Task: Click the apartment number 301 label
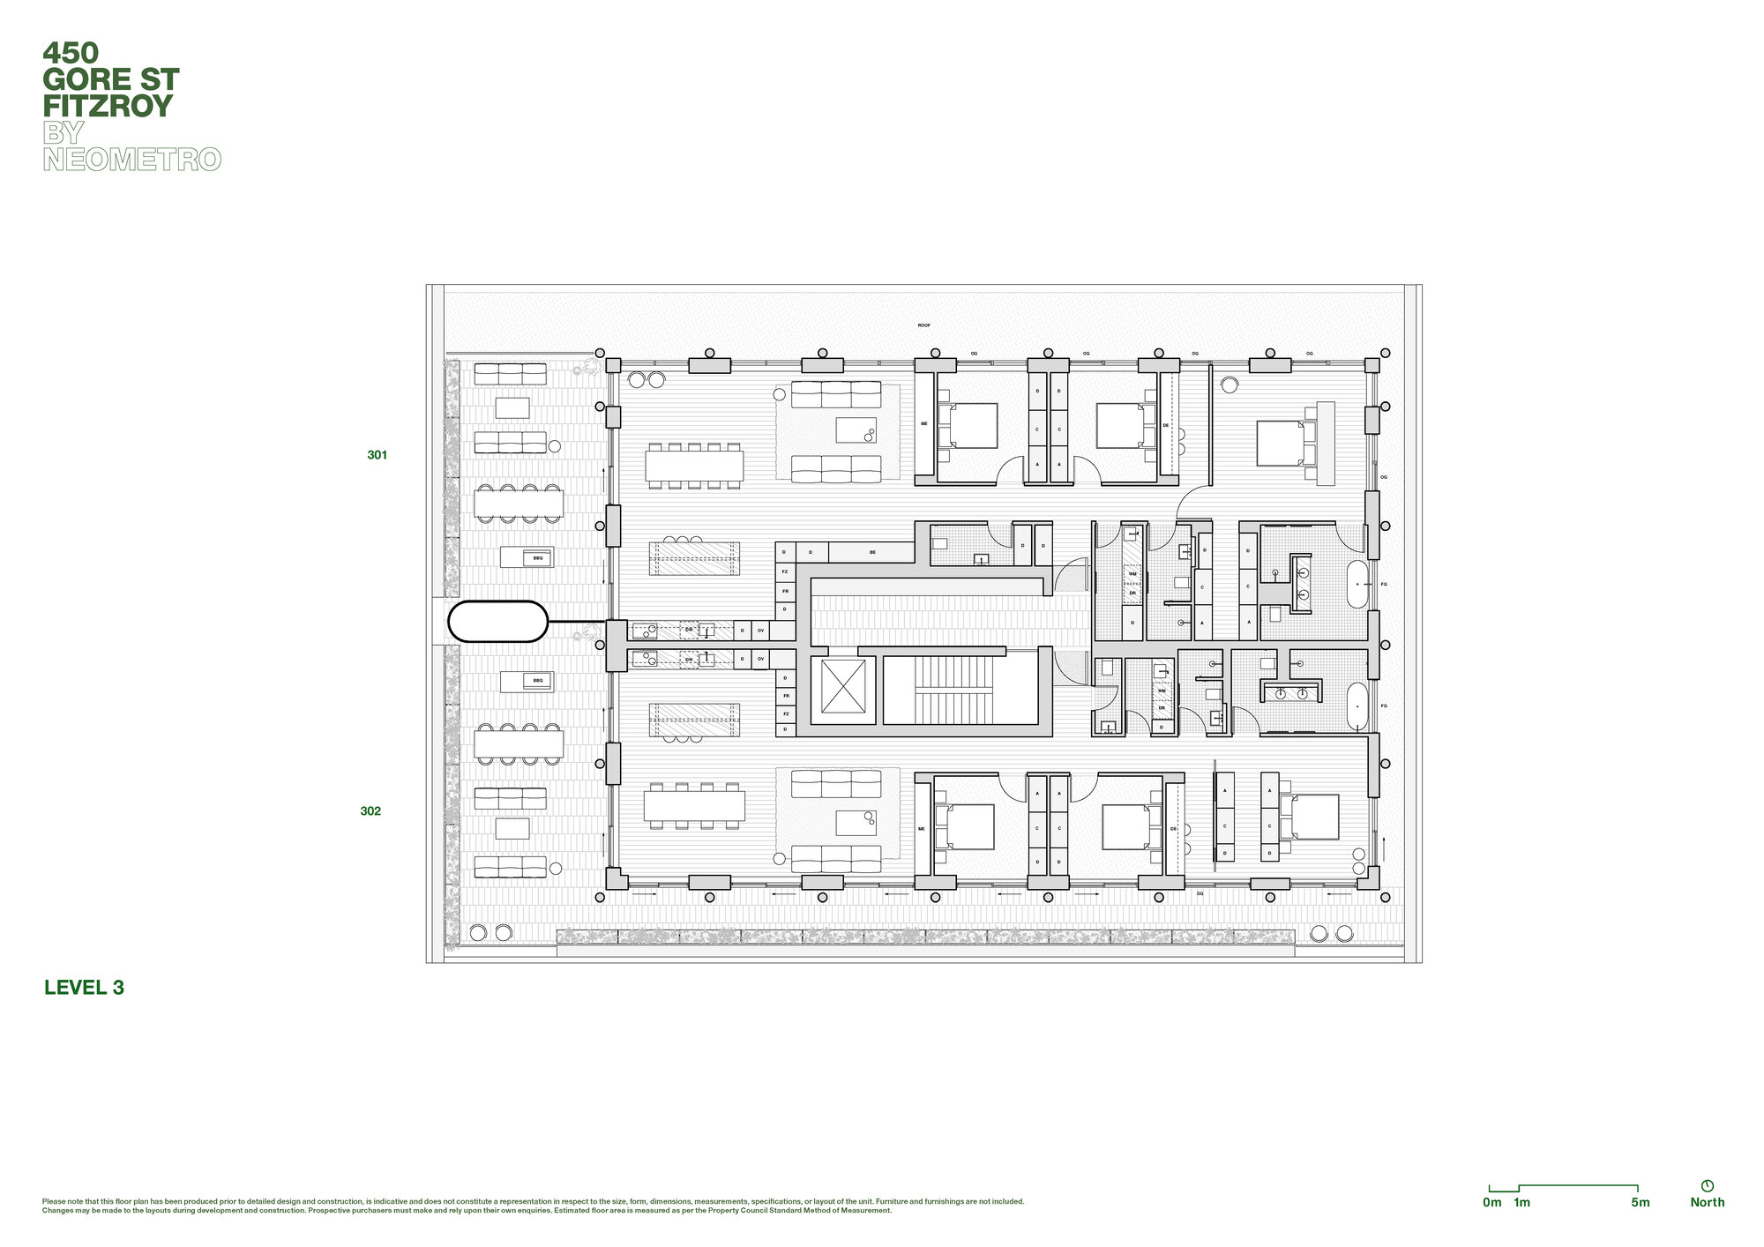coord(377,455)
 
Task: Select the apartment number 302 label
coord(370,811)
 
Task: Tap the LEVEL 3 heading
coord(84,988)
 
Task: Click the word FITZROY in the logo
coord(108,107)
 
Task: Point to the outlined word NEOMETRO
coord(132,160)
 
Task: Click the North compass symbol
coord(1707,1186)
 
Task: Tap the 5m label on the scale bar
coord(1640,1202)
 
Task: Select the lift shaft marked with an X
coord(843,686)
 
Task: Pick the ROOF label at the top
coord(923,325)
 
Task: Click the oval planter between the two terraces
coord(498,621)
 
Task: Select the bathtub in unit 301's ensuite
coord(1357,584)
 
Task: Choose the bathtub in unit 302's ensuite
coord(1357,706)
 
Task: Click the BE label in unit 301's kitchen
coord(872,552)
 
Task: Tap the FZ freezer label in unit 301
coord(785,571)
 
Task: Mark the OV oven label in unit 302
coord(760,659)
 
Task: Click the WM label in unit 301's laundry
coord(1132,574)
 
